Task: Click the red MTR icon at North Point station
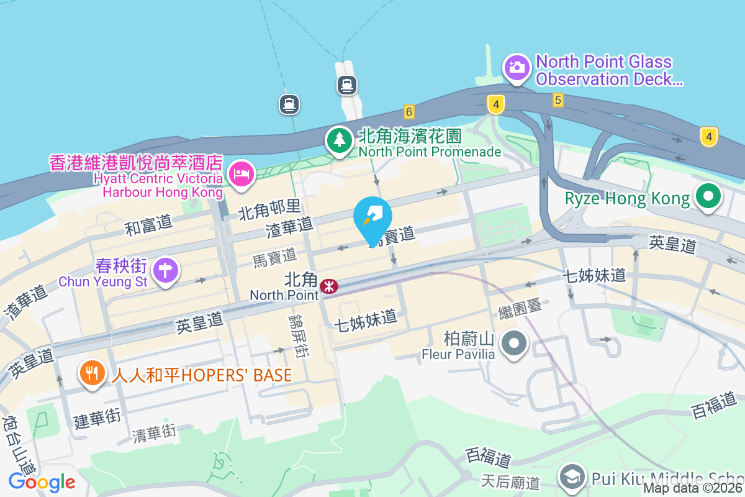[329, 286]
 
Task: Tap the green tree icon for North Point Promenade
[340, 139]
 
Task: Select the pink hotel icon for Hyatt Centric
[241, 173]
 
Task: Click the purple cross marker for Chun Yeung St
[166, 270]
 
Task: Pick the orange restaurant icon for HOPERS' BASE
[92, 373]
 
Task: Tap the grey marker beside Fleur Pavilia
[515, 342]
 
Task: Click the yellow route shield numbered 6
[408, 112]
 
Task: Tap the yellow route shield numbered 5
[558, 100]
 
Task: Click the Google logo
[42, 482]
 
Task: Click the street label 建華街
[97, 418]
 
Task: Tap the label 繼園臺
[525, 306]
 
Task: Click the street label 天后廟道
[510, 481]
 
